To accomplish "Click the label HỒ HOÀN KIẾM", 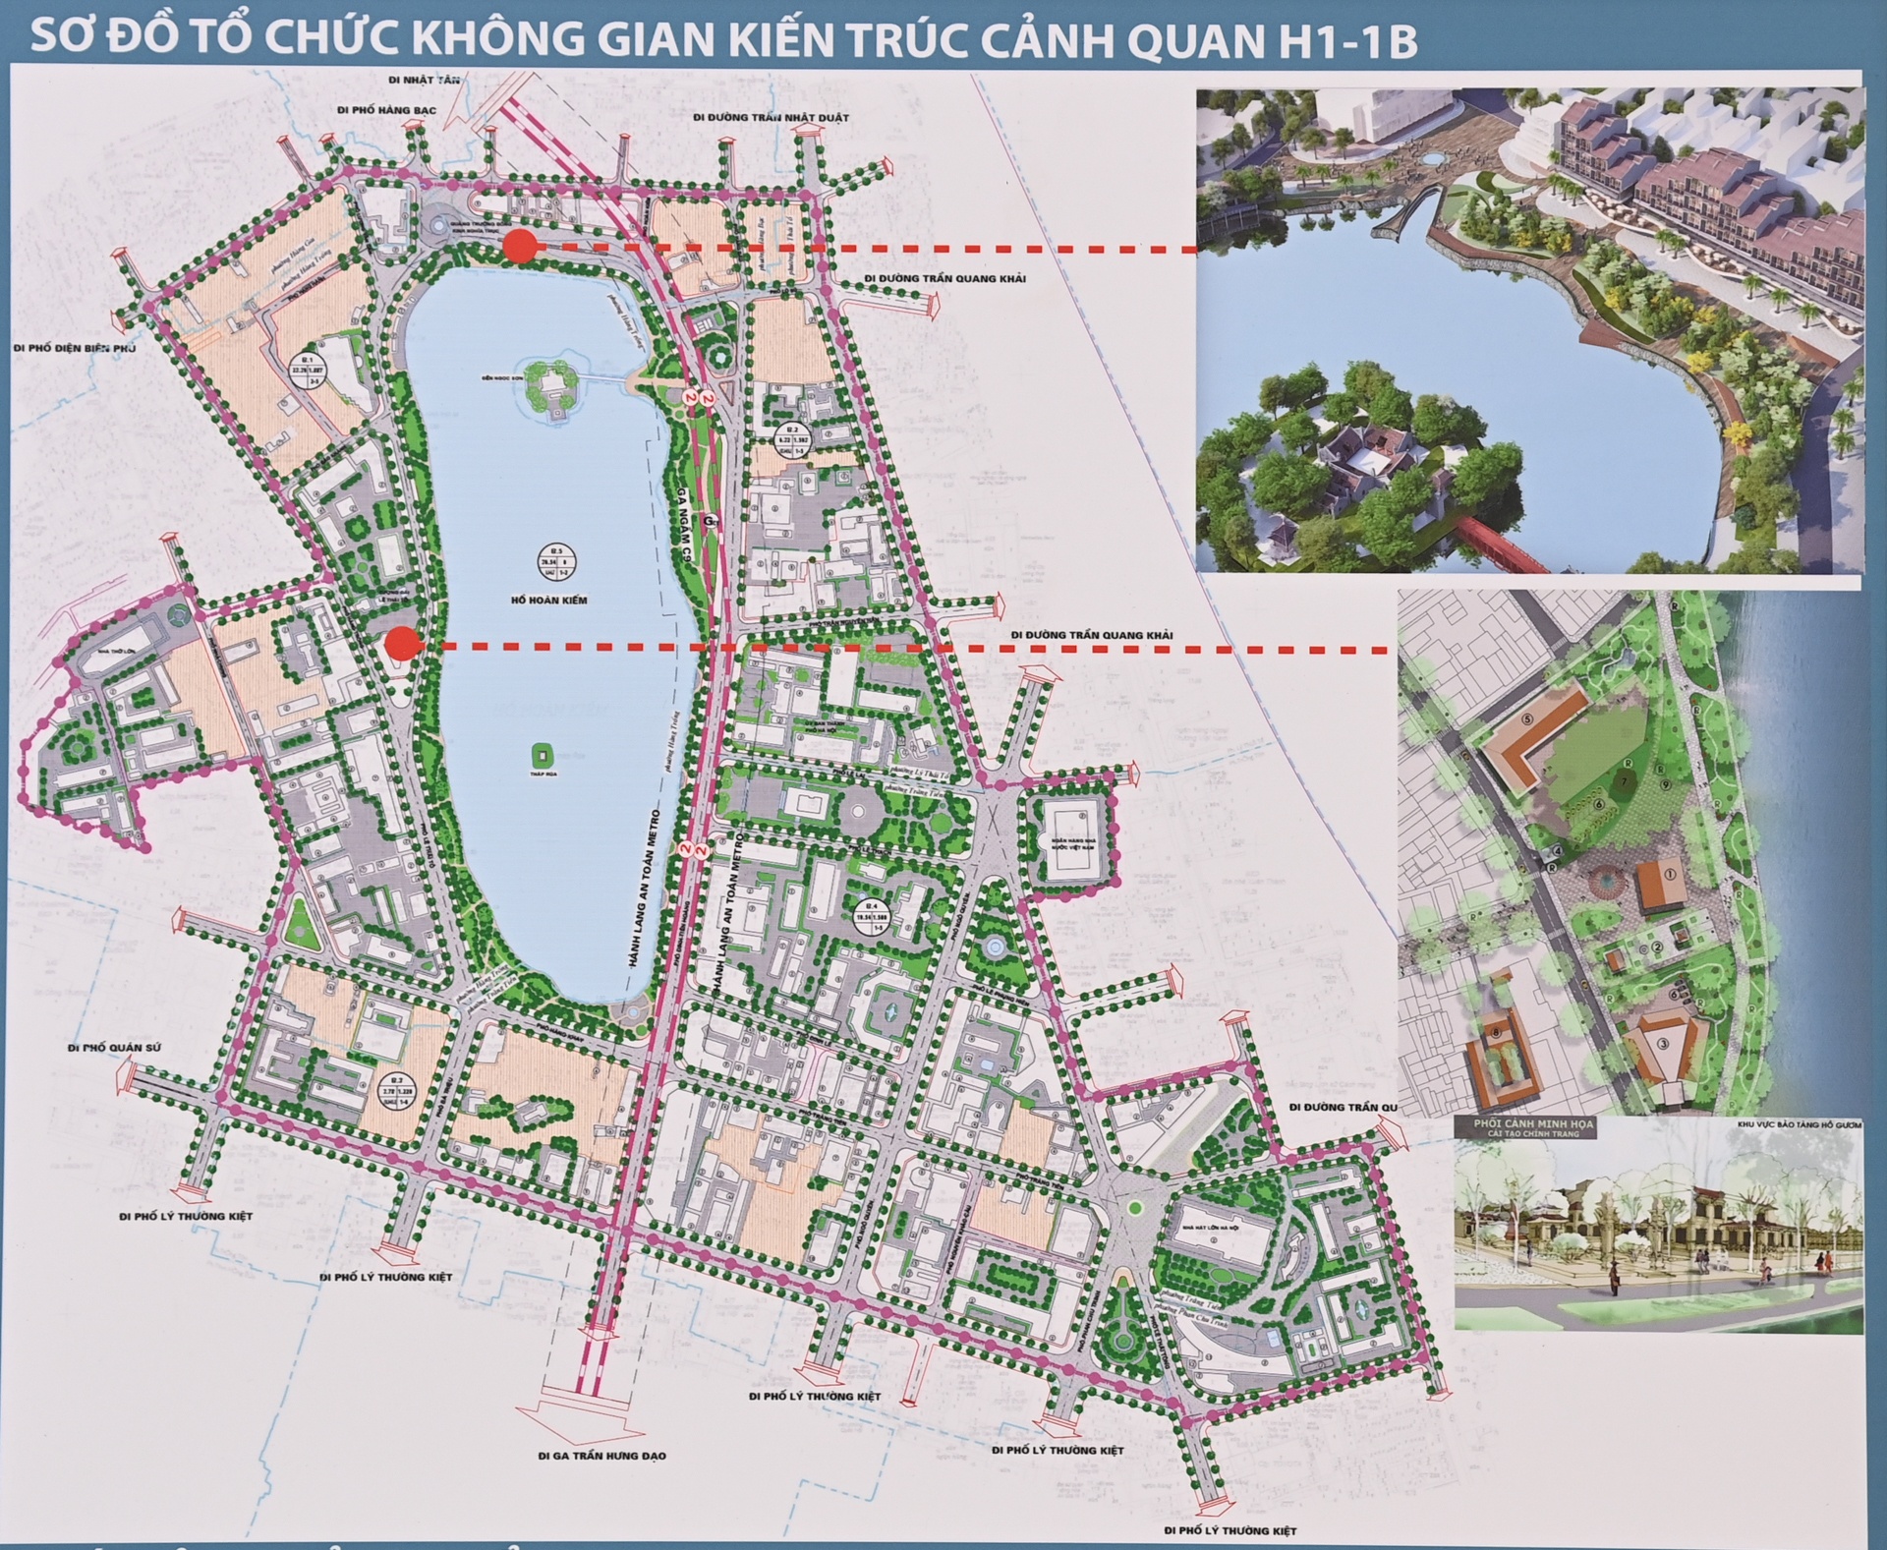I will (x=555, y=601).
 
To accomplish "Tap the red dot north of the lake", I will (x=520, y=248).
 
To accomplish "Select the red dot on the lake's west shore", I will (x=403, y=644).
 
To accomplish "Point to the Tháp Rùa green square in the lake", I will (x=540, y=755).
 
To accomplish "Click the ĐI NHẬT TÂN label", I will (x=424, y=79).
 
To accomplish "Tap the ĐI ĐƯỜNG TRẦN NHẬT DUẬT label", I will (x=771, y=118).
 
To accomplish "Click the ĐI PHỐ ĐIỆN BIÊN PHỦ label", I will (x=75, y=348).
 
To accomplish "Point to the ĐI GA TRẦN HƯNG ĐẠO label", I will (x=601, y=1456).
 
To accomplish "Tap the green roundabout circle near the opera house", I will (x=1135, y=1207).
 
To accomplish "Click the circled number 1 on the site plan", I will (x=1670, y=873).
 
